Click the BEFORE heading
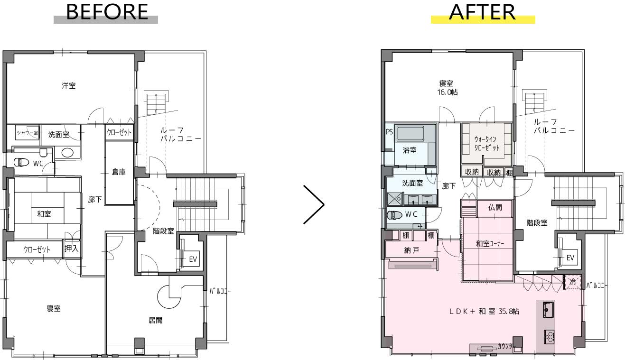coord(107,12)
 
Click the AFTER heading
coord(482,12)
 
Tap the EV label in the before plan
coord(193,259)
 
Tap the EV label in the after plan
coord(570,258)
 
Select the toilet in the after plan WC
coord(394,215)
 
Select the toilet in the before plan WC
coord(21,162)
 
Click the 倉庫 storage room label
coord(119,172)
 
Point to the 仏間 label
coord(495,207)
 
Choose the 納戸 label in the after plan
coord(411,250)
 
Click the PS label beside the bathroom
coord(390,131)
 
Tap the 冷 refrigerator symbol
coord(572,282)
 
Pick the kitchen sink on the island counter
coord(548,310)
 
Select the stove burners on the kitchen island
coord(549,337)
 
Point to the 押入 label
coord(72,248)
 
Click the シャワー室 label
coord(28,133)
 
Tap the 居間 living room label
coord(155,321)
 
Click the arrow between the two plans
coord(314,204)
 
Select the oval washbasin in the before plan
coord(67,153)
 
